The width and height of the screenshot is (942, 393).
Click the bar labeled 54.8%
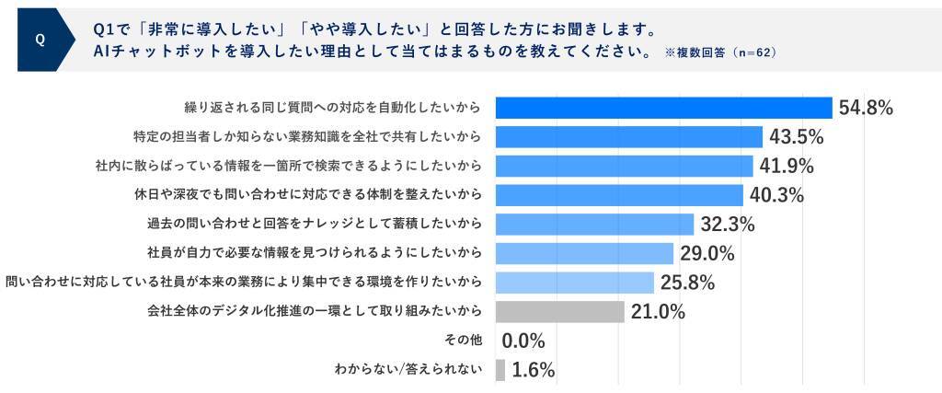(663, 108)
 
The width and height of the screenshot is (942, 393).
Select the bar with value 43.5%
(629, 137)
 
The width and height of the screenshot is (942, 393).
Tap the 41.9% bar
(624, 166)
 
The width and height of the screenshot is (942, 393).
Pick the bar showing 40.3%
(619, 195)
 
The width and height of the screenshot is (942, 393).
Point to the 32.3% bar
(594, 225)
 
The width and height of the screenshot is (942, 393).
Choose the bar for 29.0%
(584, 253)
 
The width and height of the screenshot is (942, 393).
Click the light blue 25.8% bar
(574, 282)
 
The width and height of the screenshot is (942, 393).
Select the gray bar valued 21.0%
(559, 311)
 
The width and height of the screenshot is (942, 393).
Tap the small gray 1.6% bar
(500, 370)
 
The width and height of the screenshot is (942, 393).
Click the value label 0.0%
(523, 341)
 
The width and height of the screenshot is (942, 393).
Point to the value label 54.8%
(866, 108)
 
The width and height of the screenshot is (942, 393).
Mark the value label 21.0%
(658, 311)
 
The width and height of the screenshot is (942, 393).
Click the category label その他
(462, 341)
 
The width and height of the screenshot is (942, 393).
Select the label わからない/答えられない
(409, 370)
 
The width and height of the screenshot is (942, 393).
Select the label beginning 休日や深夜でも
(307, 195)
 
